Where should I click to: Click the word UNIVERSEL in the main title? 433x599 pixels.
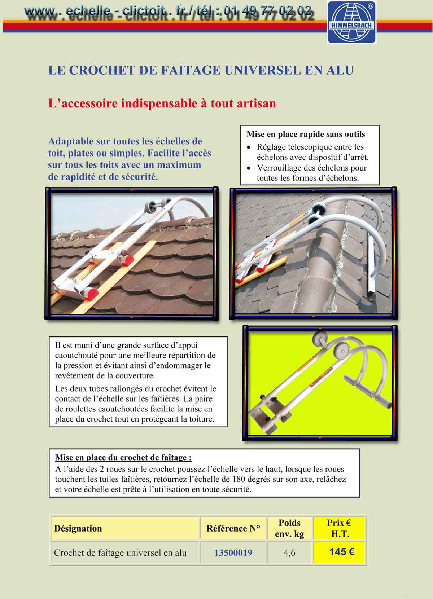[x=262, y=70]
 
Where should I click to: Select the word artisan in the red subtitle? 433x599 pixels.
[x=256, y=103]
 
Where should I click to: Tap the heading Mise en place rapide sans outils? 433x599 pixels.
[x=306, y=134]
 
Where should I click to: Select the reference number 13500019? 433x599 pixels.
[x=233, y=552]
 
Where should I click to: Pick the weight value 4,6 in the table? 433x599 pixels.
[x=289, y=552]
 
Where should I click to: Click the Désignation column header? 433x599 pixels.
[x=78, y=528]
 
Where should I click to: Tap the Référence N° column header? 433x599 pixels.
[x=233, y=528]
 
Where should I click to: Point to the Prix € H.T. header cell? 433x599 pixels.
[x=339, y=528]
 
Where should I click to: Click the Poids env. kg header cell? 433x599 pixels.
[x=289, y=528]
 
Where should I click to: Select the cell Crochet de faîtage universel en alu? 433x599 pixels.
[x=120, y=552]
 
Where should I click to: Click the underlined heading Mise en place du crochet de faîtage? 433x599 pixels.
[x=123, y=458]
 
